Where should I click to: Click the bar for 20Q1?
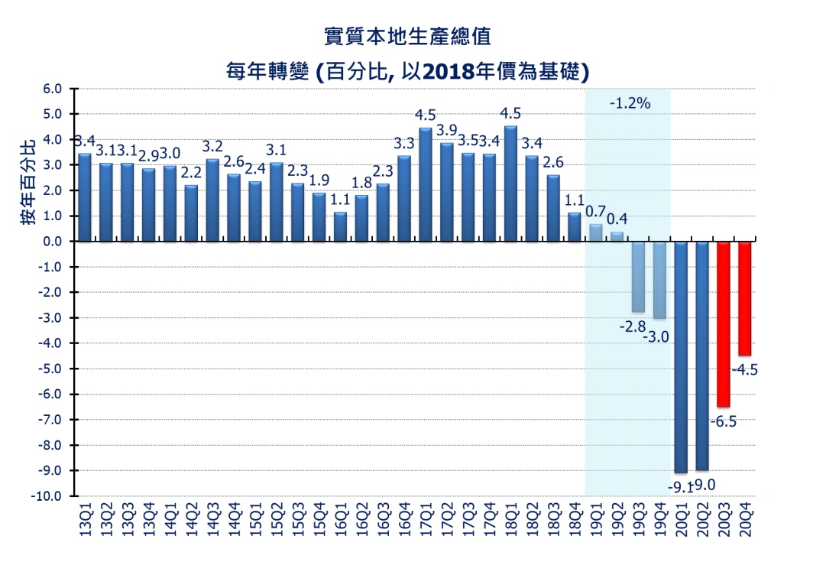(681, 356)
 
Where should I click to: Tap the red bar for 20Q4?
(744, 298)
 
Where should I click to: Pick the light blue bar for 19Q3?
(638, 277)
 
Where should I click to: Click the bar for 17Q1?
(425, 184)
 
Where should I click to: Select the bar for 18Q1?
(510, 184)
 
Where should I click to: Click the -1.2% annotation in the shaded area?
(630, 103)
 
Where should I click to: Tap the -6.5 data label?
(723, 421)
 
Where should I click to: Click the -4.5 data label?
(745, 370)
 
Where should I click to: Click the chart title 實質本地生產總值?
(405, 35)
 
